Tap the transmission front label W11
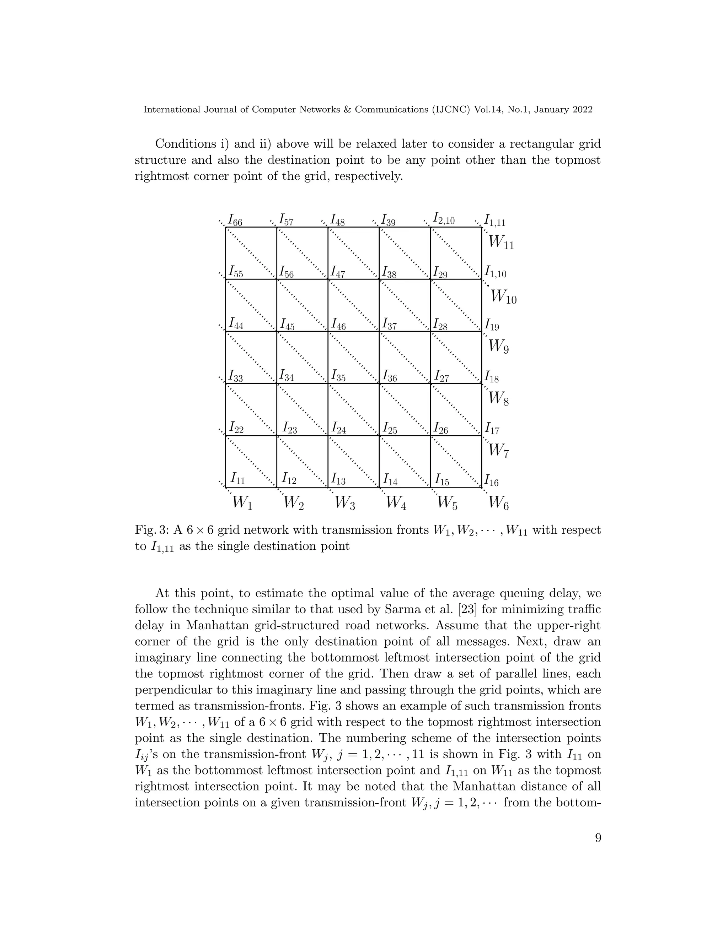coord(501,244)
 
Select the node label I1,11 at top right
coord(495,221)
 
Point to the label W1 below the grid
coord(242,503)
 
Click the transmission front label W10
coord(503,297)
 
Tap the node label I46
coord(338,325)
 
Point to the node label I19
coord(492,325)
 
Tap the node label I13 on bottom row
coord(338,479)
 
